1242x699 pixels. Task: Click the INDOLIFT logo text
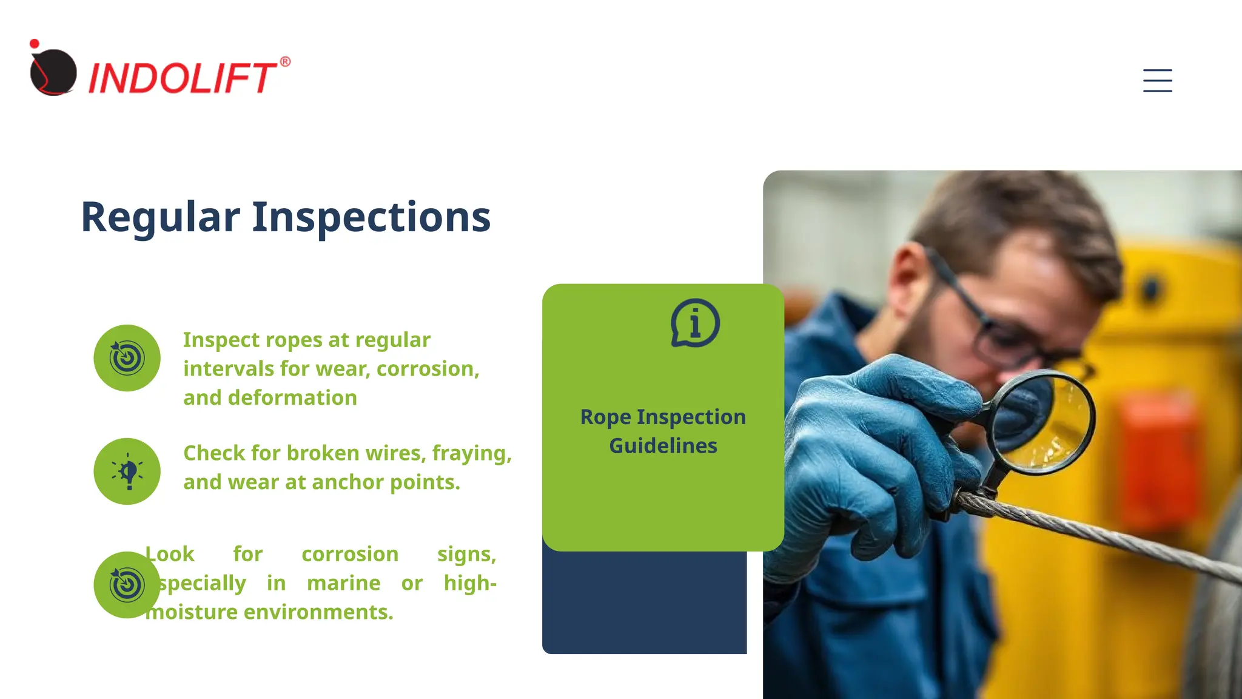[182, 78]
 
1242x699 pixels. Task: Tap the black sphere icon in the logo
[53, 72]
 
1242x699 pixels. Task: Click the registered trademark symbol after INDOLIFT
[285, 62]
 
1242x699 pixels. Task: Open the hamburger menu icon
[1157, 81]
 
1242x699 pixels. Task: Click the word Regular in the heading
[160, 217]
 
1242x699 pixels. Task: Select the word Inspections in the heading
[371, 217]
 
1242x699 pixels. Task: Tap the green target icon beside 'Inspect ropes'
[127, 358]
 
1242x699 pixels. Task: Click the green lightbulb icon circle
[127, 471]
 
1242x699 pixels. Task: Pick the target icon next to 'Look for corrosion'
[127, 585]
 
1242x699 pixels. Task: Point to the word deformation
[292, 398]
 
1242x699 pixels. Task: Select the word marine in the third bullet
[343, 583]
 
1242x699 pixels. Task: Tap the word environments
[318, 612]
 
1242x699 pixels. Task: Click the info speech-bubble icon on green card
[695, 323]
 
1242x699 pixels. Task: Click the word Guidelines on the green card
[663, 446]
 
